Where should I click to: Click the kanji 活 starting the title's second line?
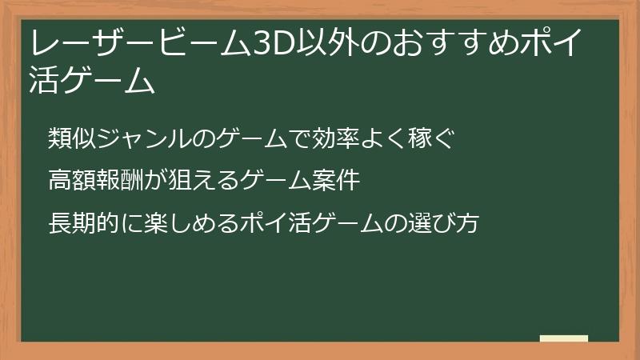pos(42,82)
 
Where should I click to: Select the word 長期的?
pos(79,223)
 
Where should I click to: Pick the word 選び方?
pos(444,223)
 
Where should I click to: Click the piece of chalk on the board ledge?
pos(564,338)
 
